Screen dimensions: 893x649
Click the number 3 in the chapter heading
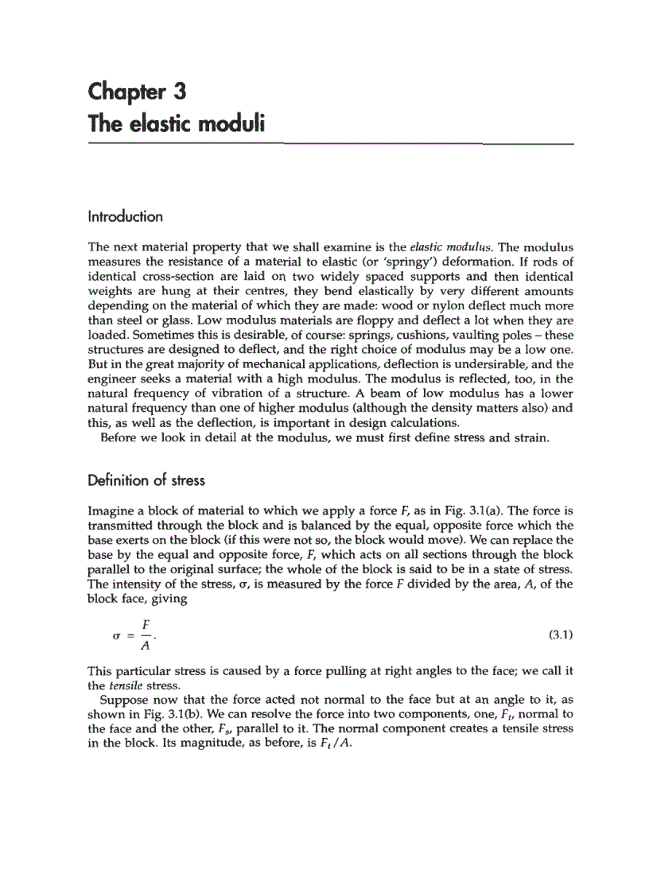181,92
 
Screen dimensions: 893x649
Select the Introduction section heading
126,217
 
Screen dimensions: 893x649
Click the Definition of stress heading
146,480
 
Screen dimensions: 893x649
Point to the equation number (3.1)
561,635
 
